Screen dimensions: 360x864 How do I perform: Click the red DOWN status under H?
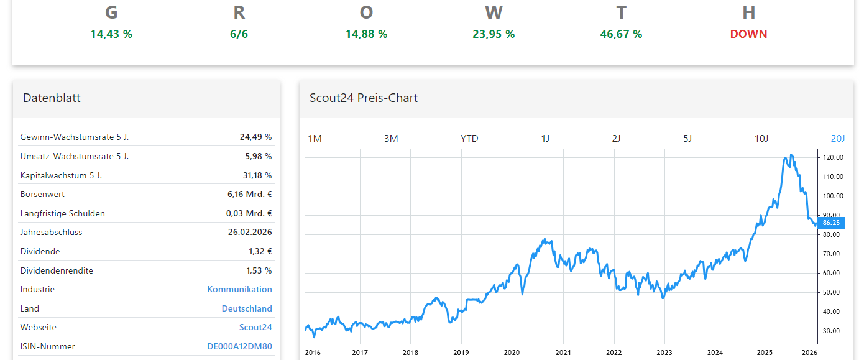[x=748, y=34]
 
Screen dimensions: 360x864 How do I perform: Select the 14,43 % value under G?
[x=111, y=34]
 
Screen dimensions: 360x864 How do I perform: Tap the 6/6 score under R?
[x=239, y=34]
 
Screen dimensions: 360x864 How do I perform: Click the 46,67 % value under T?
[x=621, y=34]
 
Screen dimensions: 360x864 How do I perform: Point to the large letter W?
[x=494, y=12]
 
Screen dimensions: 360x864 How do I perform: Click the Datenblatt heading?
[x=52, y=98]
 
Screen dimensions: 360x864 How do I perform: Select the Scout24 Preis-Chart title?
[x=364, y=98]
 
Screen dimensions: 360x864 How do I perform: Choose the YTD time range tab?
[x=469, y=138]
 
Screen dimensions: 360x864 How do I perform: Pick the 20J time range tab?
[x=838, y=138]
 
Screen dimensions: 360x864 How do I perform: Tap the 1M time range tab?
[x=315, y=138]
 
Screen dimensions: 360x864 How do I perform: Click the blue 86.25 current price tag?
[x=831, y=223]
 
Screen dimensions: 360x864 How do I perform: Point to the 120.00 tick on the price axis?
[x=833, y=157]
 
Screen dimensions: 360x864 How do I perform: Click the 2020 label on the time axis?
[x=512, y=353]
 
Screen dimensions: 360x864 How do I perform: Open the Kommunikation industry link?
[x=239, y=289]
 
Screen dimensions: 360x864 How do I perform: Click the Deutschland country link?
[x=247, y=308]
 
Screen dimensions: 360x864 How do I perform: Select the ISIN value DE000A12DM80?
[x=239, y=346]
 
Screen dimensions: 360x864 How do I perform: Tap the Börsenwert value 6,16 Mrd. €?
[x=249, y=194]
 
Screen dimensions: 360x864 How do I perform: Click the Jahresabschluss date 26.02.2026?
[x=250, y=232]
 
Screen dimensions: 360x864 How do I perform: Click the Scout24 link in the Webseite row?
[x=255, y=327]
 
